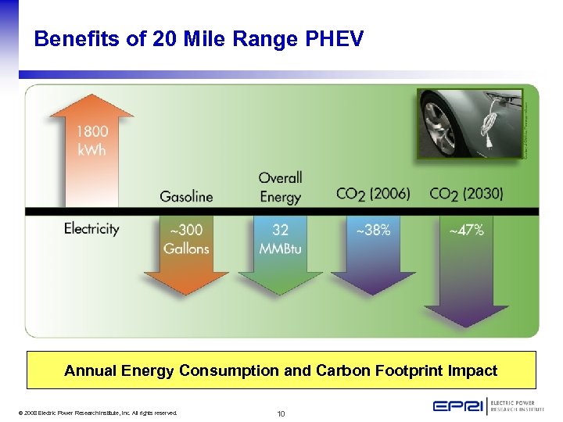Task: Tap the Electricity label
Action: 91,229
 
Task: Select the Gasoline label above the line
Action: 186,196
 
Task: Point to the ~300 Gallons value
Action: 186,239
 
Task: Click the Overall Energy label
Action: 280,188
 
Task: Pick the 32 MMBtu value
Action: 280,239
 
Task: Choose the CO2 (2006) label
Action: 373,194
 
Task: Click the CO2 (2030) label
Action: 467,194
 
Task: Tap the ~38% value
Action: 373,231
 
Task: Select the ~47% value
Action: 467,231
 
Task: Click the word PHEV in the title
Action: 332,38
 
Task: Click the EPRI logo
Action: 457,406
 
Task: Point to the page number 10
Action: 281,413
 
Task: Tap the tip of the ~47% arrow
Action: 466,326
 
